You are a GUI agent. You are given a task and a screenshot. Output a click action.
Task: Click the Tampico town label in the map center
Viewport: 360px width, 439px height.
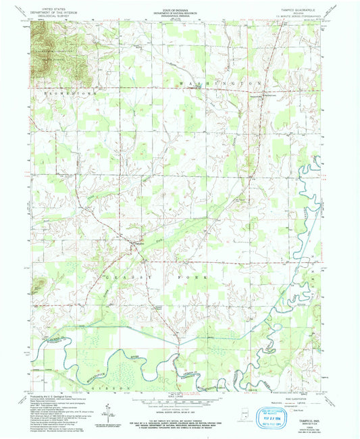[x=137, y=242]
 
